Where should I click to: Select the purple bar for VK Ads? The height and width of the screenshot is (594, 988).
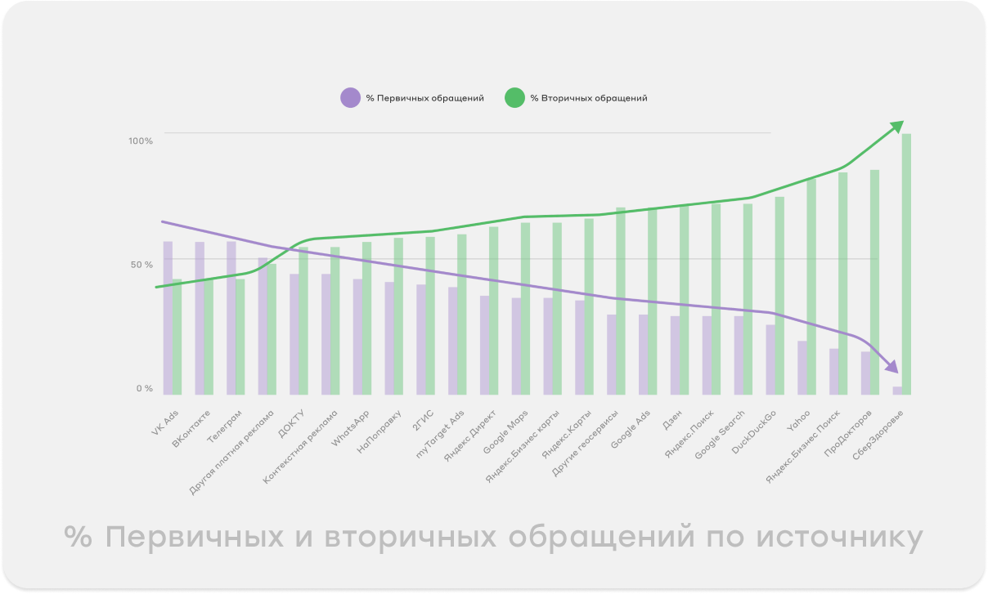pyautogui.click(x=168, y=319)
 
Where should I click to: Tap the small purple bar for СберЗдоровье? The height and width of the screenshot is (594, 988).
pyautogui.click(x=897, y=391)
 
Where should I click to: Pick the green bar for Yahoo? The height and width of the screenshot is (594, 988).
pyautogui.click(x=811, y=286)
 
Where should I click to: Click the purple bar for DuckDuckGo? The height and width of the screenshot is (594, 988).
pyautogui.click(x=770, y=360)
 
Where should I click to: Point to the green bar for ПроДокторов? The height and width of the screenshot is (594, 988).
pyautogui.click(x=874, y=282)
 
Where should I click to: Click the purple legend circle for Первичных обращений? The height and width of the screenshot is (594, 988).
pyautogui.click(x=351, y=98)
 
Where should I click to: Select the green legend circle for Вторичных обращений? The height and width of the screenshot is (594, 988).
pyautogui.click(x=514, y=98)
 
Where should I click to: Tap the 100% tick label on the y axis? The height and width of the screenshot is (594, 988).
pyautogui.click(x=141, y=141)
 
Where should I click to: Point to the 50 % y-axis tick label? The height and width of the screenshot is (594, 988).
pyautogui.click(x=141, y=265)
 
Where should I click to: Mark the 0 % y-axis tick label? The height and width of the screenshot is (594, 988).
pyautogui.click(x=144, y=389)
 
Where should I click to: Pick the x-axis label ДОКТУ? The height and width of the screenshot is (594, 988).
pyautogui.click(x=293, y=422)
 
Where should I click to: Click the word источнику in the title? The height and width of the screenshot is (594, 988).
pyautogui.click(x=840, y=538)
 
